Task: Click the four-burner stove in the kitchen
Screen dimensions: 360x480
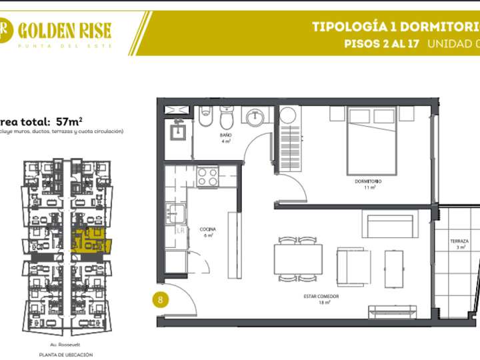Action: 207,177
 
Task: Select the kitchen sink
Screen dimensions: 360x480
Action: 176,215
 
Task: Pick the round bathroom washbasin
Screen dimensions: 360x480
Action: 255,118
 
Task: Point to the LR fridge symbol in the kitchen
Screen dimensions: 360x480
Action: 180,231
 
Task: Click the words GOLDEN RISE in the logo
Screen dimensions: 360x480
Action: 65,29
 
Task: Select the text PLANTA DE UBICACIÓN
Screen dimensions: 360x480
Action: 65,355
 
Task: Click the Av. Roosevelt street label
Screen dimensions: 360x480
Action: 65,345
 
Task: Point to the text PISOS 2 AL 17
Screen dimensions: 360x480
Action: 381,45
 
